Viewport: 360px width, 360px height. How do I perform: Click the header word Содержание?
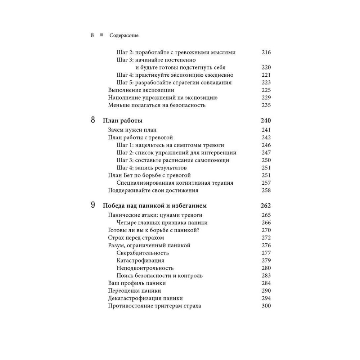pyautogui.click(x=124, y=36)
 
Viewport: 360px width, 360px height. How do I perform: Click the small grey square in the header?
pyautogui.click(x=102, y=35)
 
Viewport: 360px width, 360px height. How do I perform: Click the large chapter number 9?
pyautogui.click(x=93, y=205)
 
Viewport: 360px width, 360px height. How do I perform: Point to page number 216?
pyautogui.click(x=266, y=52)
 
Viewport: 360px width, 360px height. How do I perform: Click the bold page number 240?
pyautogui.click(x=265, y=121)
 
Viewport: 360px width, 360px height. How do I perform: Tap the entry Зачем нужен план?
pyautogui.click(x=132, y=130)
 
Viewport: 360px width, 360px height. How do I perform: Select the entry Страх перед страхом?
pyautogui.click(x=136, y=238)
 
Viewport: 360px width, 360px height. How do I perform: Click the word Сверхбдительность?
pyautogui.click(x=143, y=253)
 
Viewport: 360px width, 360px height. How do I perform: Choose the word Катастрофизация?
pyautogui.click(x=141, y=260)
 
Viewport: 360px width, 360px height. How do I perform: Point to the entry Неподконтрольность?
pyautogui.click(x=145, y=268)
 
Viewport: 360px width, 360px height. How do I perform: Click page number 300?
pyautogui.click(x=266, y=306)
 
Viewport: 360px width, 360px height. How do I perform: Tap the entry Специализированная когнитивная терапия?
pyautogui.click(x=175, y=183)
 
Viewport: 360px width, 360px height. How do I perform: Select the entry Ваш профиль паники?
pyautogui.click(x=137, y=283)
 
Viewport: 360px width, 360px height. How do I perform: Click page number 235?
pyautogui.click(x=266, y=105)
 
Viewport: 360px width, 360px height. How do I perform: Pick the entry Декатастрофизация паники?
pyautogui.click(x=145, y=298)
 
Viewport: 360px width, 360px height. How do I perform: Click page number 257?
pyautogui.click(x=266, y=183)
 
